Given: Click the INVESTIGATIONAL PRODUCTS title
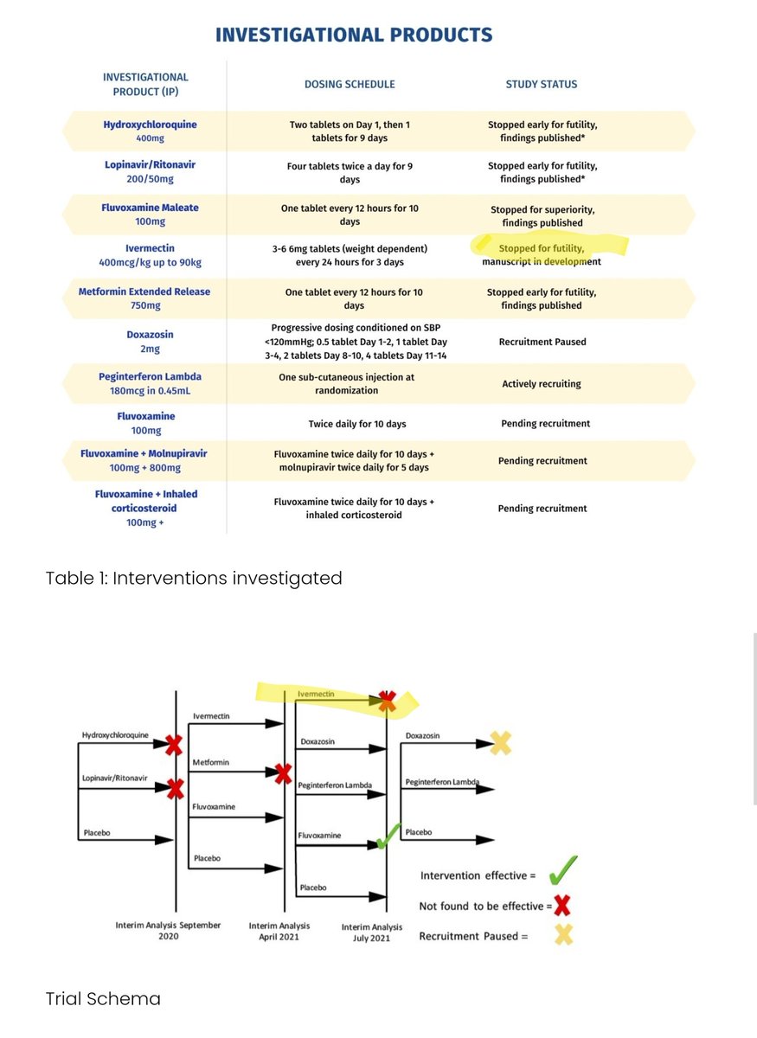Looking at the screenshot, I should (x=354, y=35).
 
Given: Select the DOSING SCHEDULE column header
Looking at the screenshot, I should (x=350, y=85).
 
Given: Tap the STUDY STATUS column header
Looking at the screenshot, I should (x=542, y=85).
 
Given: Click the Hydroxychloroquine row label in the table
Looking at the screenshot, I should (x=150, y=131).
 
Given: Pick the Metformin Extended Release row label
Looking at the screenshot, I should (x=144, y=298).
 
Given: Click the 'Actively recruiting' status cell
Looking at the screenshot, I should (x=542, y=383).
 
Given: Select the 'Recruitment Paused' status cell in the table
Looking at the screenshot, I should (x=542, y=342).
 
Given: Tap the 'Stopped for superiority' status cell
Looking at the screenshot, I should (x=542, y=216).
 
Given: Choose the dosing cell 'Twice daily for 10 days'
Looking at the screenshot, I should (x=357, y=424).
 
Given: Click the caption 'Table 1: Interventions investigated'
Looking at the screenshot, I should (x=194, y=578).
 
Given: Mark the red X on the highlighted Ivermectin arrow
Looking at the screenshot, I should (x=387, y=701).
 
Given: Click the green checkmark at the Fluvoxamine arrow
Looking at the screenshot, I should (x=388, y=835).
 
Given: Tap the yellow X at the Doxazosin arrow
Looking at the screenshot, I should (x=500, y=743).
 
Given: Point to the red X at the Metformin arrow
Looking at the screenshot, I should (x=282, y=773).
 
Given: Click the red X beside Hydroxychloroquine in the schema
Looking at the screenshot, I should (x=174, y=744).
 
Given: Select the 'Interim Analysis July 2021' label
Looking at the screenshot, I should (x=372, y=931).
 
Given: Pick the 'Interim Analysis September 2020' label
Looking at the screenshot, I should (x=168, y=931).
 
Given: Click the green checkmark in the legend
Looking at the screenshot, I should (x=562, y=868).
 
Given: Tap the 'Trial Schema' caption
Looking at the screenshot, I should (x=103, y=999).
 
